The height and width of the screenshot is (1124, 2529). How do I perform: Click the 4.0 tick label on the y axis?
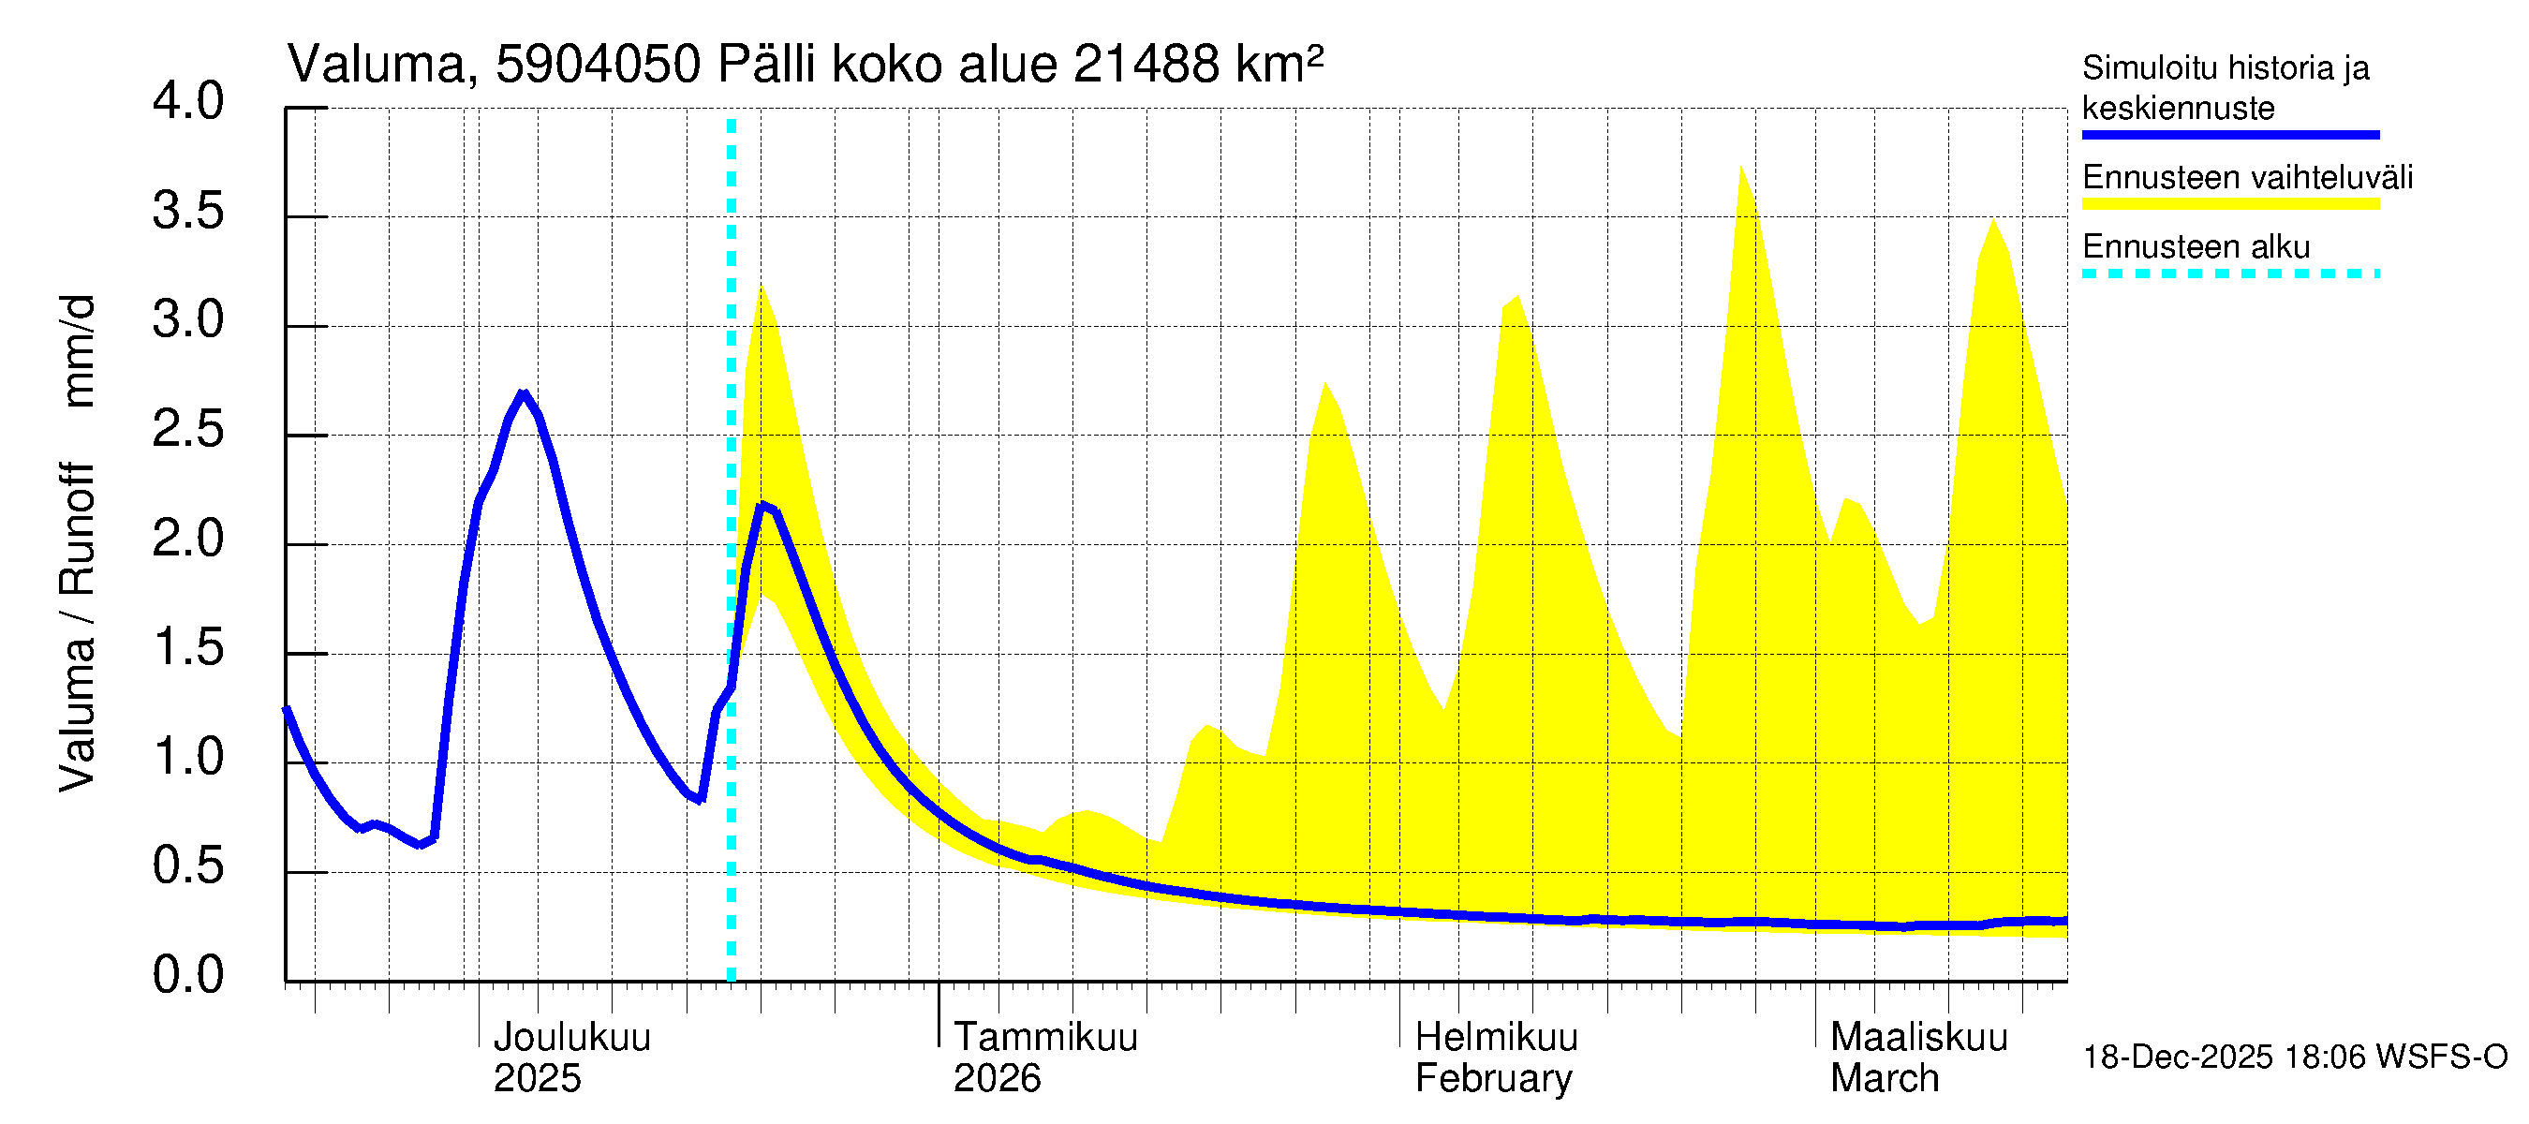[187, 102]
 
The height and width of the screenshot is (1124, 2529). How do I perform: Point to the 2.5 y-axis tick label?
[187, 430]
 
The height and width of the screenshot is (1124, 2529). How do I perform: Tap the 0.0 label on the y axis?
[187, 975]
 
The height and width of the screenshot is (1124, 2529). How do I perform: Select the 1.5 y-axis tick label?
[187, 648]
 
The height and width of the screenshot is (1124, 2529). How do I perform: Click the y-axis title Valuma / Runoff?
[77, 629]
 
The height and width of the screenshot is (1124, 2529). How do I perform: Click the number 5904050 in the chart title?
[598, 65]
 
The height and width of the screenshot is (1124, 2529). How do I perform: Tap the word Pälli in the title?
[767, 65]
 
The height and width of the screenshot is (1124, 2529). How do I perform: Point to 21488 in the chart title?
[1146, 65]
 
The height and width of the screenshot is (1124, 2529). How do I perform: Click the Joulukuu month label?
[571, 1037]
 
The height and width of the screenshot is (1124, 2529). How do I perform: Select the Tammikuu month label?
[1045, 1037]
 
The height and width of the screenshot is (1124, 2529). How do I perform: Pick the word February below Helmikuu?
[1493, 1078]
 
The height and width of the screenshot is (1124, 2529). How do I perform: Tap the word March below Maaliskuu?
[1884, 1078]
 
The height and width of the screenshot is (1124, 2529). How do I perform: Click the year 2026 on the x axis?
[997, 1078]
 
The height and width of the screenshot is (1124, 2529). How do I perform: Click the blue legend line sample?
[2229, 135]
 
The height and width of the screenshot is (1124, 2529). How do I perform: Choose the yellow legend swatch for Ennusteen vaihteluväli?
[2229, 204]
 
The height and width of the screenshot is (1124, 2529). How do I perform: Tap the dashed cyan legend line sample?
[2229, 274]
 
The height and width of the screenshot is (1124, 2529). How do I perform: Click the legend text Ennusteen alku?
[2196, 246]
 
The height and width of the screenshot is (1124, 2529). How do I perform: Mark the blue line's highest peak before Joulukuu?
[524, 394]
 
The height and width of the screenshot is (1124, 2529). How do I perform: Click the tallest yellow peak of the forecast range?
[1741, 168]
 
